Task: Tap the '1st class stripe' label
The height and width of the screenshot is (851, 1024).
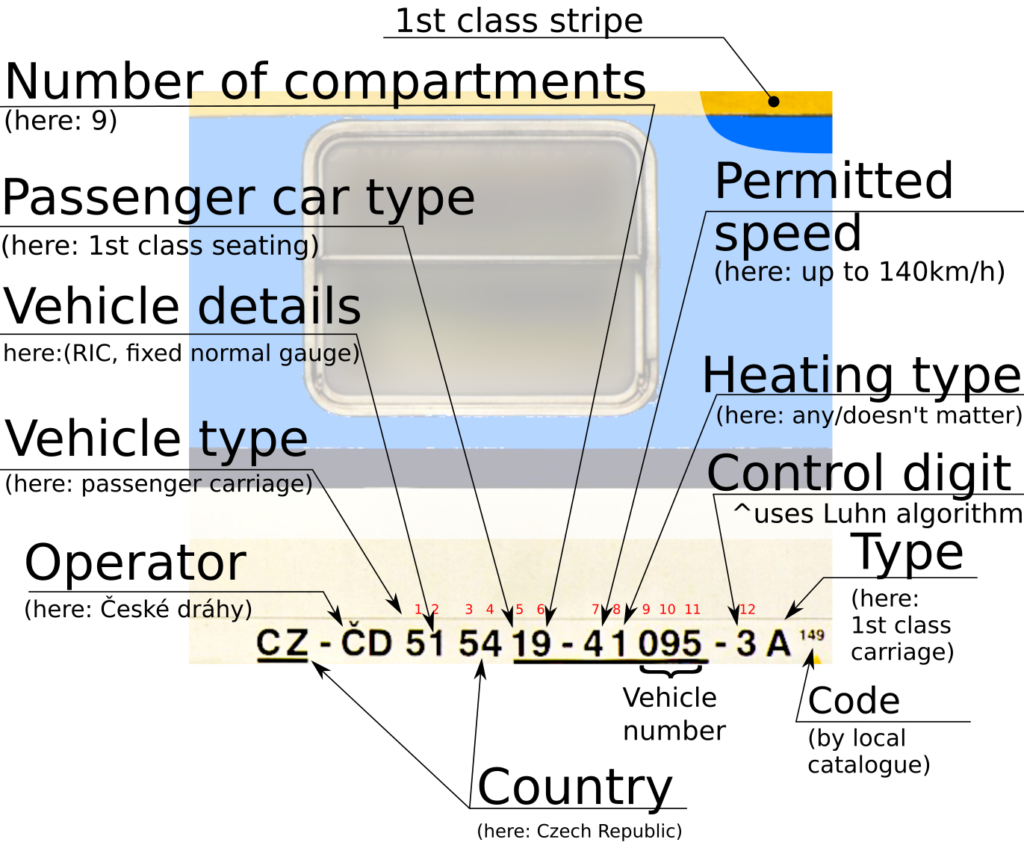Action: click(x=518, y=21)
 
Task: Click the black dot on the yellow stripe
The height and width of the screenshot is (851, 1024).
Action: click(x=774, y=101)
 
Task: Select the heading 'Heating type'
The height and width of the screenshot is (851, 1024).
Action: click(x=861, y=374)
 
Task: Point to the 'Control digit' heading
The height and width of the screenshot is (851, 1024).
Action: click(x=859, y=473)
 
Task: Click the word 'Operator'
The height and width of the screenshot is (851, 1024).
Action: click(x=135, y=563)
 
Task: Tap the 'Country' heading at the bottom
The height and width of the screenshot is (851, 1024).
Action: click(x=574, y=787)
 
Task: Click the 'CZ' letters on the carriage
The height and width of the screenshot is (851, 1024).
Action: click(x=282, y=643)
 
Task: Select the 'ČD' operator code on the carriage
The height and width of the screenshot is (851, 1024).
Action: click(x=366, y=642)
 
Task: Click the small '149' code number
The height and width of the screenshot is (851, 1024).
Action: click(x=811, y=635)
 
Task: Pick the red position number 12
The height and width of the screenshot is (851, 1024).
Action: click(x=747, y=610)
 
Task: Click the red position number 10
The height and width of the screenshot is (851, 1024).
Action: click(x=667, y=610)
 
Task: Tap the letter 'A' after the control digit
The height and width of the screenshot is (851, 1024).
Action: click(x=778, y=643)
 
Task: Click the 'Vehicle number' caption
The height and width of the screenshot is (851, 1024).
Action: click(x=673, y=714)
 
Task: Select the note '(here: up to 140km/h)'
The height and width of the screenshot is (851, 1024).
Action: click(x=859, y=272)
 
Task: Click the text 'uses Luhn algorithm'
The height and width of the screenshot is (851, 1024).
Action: click(x=887, y=514)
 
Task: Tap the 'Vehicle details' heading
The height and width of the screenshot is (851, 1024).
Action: click(x=182, y=306)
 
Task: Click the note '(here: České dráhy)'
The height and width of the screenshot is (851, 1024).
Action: click(x=138, y=609)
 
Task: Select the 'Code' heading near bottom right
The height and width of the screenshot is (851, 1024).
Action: click(x=853, y=701)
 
